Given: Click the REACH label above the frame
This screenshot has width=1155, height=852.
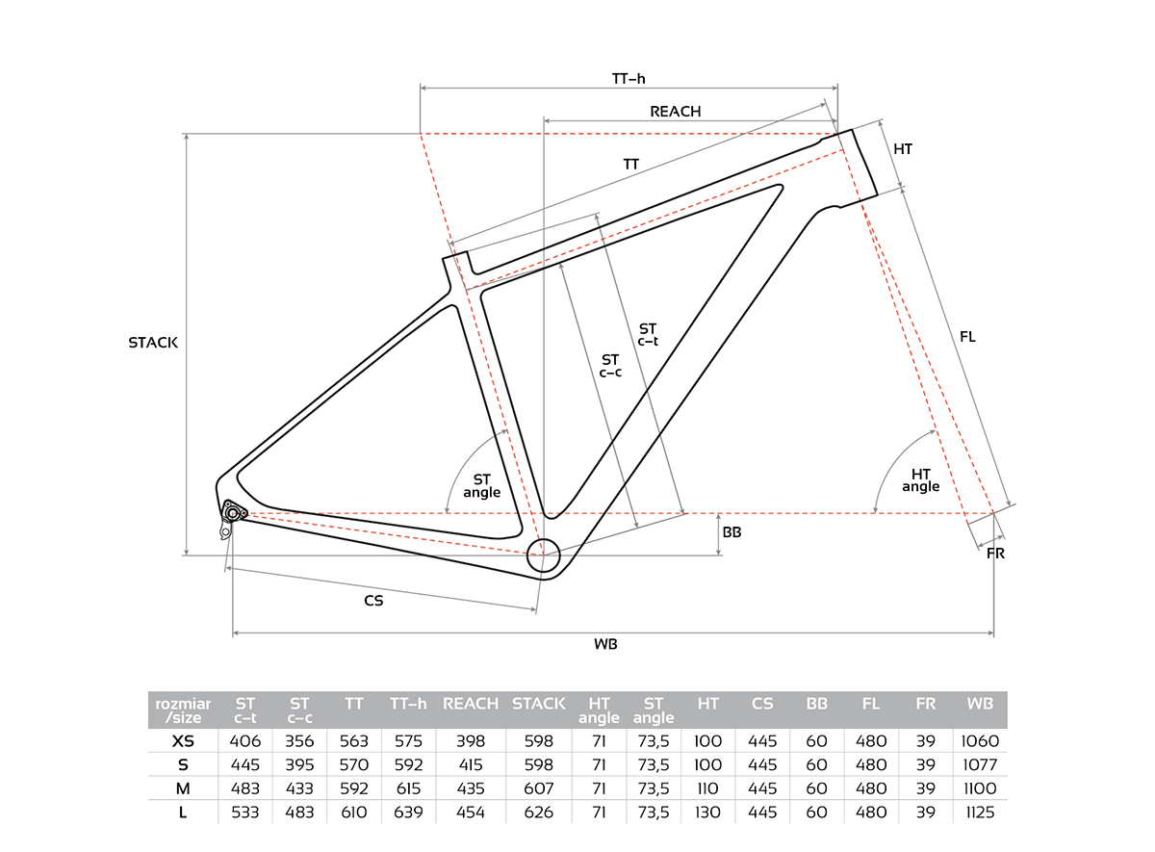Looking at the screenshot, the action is pos(676,112).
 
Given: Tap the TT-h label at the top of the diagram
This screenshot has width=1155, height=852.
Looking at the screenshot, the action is pos(629,79).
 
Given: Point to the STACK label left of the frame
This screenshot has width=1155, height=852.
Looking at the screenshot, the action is pos(153,343).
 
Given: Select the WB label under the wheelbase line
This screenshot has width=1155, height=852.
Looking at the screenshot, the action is pos(605,644).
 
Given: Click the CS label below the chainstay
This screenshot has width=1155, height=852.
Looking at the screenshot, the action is pos(373,601).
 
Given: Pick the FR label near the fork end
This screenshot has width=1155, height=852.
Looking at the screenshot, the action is pos(995,554).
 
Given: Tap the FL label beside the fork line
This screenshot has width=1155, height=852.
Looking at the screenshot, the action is pos(967,337).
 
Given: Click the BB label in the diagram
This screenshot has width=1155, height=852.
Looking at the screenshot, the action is pos(731,532).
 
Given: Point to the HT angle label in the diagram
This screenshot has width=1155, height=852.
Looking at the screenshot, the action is pos(921,480).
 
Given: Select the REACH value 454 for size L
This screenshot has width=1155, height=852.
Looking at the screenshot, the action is pos(471,813).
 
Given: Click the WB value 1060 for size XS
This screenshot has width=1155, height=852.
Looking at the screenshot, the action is pos(980,741).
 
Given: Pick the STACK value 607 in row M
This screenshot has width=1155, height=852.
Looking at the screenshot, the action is pos(538,789).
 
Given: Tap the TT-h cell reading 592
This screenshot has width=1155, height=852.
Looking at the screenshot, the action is pos(408,764).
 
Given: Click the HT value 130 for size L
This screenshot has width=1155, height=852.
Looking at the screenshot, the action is pos(707,813).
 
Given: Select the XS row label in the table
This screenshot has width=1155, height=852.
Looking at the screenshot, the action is pos(183,741).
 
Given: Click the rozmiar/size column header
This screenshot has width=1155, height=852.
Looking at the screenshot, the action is pos(183,710).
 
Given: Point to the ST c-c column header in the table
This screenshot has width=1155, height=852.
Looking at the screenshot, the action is pos(299,710).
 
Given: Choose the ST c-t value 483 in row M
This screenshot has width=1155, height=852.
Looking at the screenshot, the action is pos(244,789).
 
